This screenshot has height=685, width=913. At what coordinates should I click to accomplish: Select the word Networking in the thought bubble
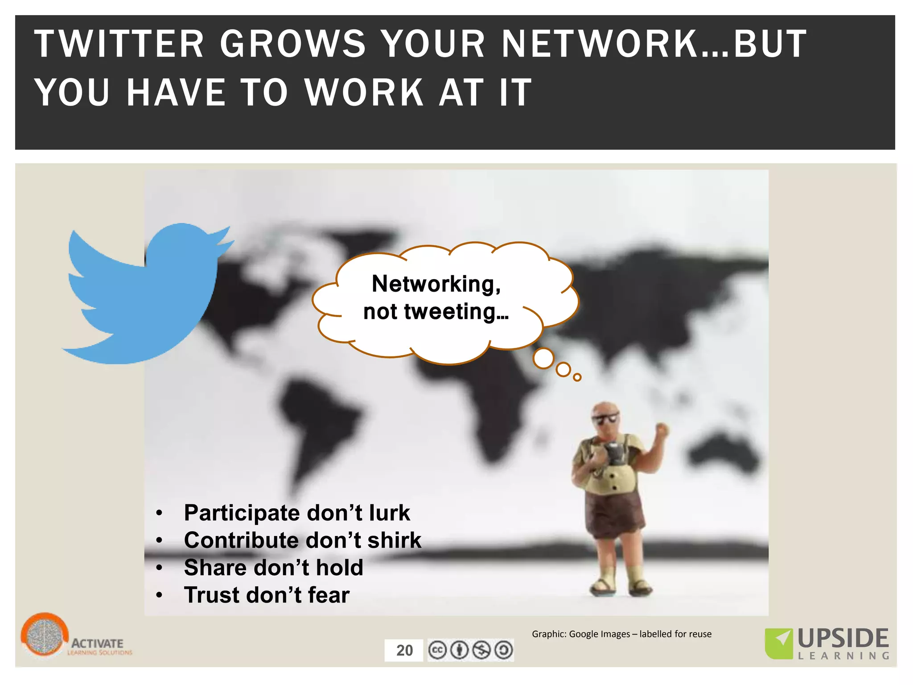click(x=436, y=284)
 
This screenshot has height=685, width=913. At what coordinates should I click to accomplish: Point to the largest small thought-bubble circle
click(x=543, y=359)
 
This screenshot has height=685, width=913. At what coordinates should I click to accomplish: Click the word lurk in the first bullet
click(x=389, y=513)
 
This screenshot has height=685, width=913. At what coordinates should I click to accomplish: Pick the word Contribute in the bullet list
click(x=241, y=540)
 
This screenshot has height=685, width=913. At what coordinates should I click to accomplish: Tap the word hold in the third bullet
click(x=339, y=568)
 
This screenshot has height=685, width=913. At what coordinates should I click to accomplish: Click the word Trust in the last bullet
click(x=212, y=595)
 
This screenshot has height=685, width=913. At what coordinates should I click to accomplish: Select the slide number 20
click(x=404, y=650)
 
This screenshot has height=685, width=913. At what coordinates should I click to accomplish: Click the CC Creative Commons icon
click(x=437, y=650)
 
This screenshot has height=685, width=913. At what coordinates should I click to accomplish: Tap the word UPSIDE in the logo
click(x=843, y=639)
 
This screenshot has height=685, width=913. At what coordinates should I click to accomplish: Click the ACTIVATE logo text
click(x=97, y=643)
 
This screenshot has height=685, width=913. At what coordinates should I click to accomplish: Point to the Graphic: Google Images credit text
click(x=621, y=634)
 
